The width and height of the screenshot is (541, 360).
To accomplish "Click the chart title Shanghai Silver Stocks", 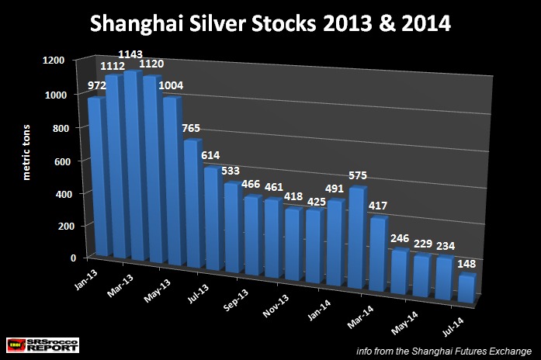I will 270,24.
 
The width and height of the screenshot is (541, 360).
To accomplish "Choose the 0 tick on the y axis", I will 73,258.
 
